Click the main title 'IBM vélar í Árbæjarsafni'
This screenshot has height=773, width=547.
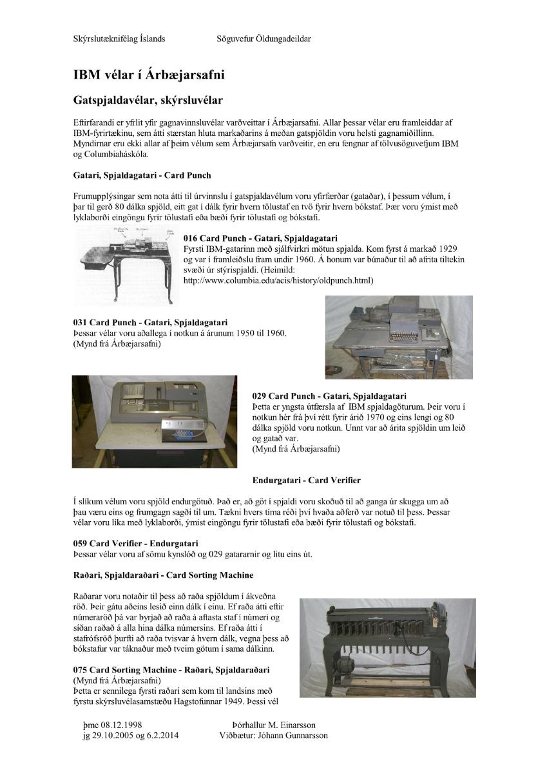pos(149,75)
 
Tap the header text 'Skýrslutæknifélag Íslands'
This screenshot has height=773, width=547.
pos(119,39)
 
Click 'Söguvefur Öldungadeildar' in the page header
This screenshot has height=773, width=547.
pos(264,39)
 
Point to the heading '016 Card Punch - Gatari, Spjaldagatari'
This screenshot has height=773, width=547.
pos(260,238)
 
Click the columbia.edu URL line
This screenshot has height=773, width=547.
pos(278,281)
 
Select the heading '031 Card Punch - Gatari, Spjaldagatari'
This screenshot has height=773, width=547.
pos(149,322)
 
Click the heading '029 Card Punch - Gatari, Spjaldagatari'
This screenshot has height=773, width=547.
pos(329,396)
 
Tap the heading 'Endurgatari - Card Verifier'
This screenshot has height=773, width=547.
pos(306,481)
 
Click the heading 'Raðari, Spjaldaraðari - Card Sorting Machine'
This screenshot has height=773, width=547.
pos(163,575)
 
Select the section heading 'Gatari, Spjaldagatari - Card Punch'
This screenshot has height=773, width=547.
pos(142,175)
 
